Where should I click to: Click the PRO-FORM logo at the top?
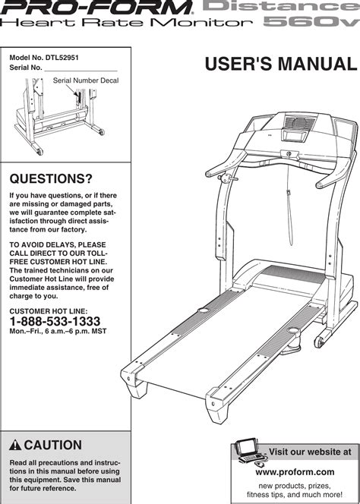[x=96, y=8]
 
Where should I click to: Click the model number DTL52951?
[x=62, y=58]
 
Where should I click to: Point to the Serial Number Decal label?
[x=86, y=80]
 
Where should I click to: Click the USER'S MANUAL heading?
[x=281, y=64]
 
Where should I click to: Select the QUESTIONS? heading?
[x=51, y=178]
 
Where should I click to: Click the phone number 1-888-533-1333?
[x=55, y=321]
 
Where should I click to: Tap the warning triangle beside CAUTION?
[x=15, y=446]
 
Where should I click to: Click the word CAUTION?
[x=52, y=446]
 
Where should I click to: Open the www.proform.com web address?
[x=295, y=472]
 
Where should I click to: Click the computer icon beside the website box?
[x=251, y=452]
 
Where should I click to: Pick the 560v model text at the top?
[x=311, y=22]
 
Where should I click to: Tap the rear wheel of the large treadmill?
[x=319, y=342]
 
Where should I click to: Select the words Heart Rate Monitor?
[x=126, y=23]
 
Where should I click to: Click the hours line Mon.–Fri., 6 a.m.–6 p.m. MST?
[x=58, y=331]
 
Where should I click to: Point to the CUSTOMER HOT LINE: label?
[x=49, y=311]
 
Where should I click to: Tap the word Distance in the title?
[x=278, y=6]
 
